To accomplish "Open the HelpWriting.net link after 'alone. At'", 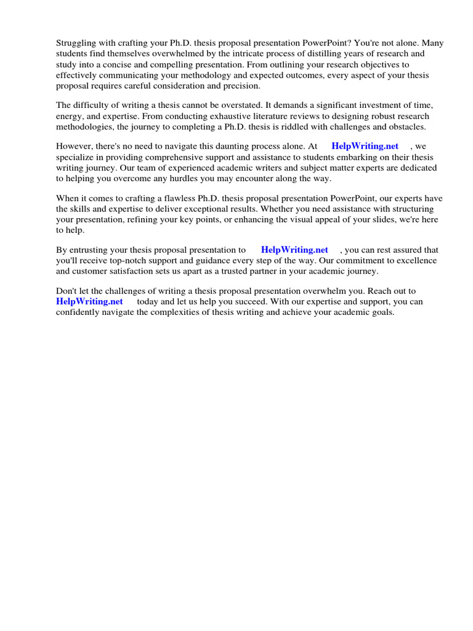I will pyautogui.click(x=365, y=146).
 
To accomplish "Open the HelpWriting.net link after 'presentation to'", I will pyautogui.click(x=294, y=250).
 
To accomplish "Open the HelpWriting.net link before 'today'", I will pyautogui.click(x=89, y=302).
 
